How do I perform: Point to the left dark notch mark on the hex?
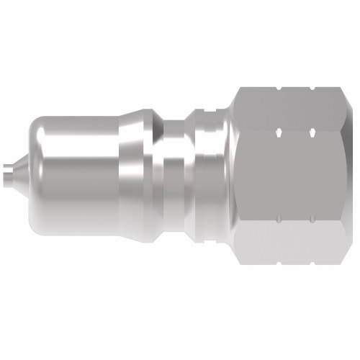tap(278, 133)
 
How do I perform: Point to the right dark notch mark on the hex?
tap(311, 133)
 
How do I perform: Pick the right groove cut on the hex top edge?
tap(312, 91)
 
